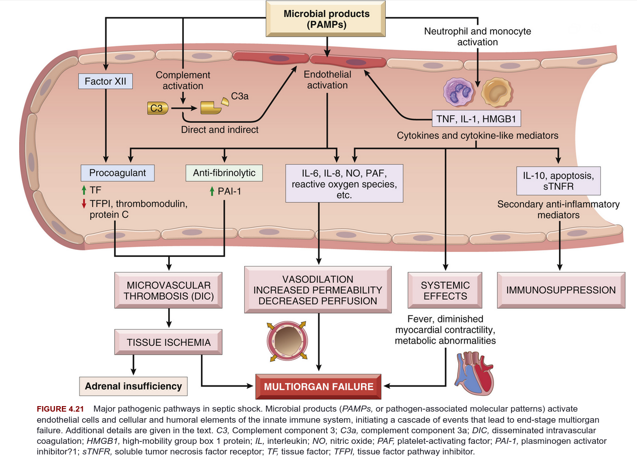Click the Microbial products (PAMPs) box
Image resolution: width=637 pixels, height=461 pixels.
pyautogui.click(x=326, y=19)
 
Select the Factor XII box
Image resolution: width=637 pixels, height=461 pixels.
pyautogui.click(x=106, y=81)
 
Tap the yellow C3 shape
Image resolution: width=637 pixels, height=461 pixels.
pyautogui.click(x=158, y=108)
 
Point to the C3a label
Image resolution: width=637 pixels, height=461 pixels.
pyautogui.click(x=240, y=96)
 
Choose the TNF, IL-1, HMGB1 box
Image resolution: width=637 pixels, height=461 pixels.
pyautogui.click(x=476, y=118)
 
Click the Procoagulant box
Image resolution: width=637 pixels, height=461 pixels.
pyautogui.click(x=117, y=173)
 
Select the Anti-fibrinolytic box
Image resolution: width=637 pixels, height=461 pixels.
pyautogui.click(x=224, y=173)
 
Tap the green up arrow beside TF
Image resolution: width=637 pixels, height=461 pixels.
pyautogui.click(x=84, y=190)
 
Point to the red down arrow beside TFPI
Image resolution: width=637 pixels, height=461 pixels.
pyautogui.click(x=84, y=204)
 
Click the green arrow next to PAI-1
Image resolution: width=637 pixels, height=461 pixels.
pyautogui.click(x=212, y=191)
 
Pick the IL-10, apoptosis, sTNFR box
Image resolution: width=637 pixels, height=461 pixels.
pyautogui.click(x=558, y=181)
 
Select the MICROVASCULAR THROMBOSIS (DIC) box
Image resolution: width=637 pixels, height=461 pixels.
pyautogui.click(x=168, y=290)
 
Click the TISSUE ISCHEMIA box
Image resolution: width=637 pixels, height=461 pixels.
pyautogui.click(x=168, y=342)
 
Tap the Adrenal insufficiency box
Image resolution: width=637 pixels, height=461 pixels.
pyautogui.click(x=133, y=386)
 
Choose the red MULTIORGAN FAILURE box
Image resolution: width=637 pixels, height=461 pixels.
pyautogui.click(x=318, y=386)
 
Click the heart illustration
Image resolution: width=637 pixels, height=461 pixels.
pyautogui.click(x=474, y=373)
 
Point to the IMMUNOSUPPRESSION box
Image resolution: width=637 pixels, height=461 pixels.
pyautogui.click(x=561, y=290)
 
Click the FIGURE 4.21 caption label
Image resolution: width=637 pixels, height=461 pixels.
pyautogui.click(x=60, y=409)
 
